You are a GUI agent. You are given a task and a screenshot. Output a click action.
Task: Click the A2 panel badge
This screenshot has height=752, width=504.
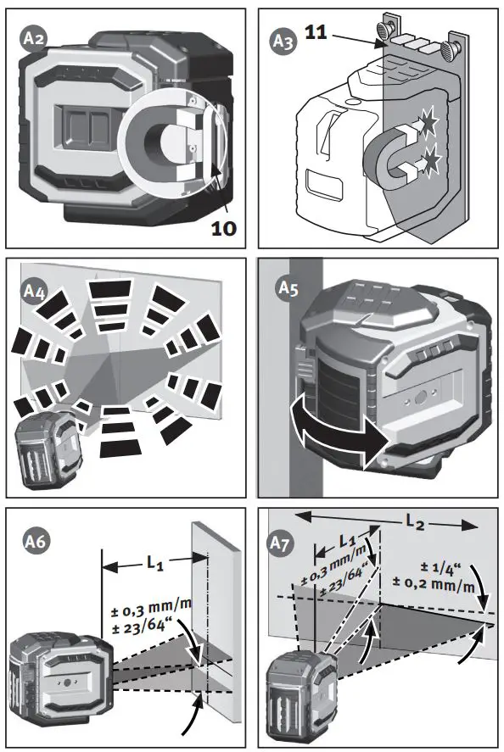pos(33,38)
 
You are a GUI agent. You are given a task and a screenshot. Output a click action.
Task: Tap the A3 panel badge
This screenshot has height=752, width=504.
pos(283,42)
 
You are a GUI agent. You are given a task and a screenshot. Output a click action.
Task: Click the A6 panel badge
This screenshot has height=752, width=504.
pos(36,541)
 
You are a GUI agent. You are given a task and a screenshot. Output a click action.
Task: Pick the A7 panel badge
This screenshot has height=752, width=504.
pos(280,543)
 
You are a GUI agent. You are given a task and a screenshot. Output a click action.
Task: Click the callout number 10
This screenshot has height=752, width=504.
pos(224,228)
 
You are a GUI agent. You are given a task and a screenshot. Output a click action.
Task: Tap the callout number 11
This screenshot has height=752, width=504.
pos(316,32)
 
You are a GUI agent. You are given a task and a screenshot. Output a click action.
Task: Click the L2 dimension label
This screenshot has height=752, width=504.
pos(415,521)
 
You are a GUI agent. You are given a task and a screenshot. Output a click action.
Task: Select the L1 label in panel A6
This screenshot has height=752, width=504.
pos(155,562)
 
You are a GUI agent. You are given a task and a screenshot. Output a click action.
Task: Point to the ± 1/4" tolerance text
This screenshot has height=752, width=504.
pos(440,567)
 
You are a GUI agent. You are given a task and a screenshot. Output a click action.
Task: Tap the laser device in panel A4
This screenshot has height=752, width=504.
pos(48,446)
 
